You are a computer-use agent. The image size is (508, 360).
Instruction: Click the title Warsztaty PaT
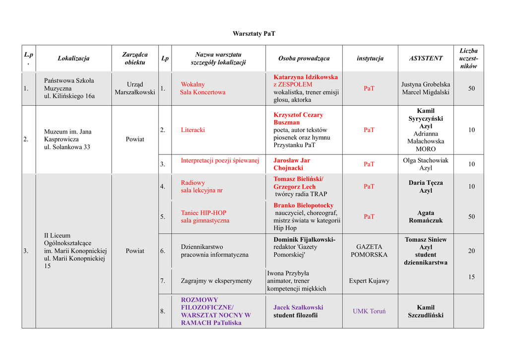click(x=254, y=34)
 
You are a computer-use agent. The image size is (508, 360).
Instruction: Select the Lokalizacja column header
click(x=73, y=59)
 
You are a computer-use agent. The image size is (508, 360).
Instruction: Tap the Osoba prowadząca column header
click(x=304, y=59)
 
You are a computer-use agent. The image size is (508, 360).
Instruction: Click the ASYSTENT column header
click(x=426, y=59)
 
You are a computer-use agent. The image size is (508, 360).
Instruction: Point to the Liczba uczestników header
click(x=468, y=59)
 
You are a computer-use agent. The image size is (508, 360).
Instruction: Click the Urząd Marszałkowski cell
click(x=135, y=88)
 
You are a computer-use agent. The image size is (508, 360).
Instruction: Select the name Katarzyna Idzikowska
click(x=306, y=77)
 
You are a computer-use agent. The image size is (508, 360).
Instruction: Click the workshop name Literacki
click(x=192, y=130)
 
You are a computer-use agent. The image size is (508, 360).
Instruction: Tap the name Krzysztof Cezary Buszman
click(x=298, y=119)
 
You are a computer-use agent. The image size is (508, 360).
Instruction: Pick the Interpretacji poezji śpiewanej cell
click(x=220, y=160)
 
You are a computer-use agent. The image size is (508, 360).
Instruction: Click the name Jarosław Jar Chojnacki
click(x=292, y=164)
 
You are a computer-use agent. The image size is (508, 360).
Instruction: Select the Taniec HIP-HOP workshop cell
click(x=205, y=217)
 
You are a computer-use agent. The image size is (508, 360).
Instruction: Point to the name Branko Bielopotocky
click(x=304, y=206)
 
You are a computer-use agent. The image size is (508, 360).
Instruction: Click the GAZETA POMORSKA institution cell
click(x=370, y=251)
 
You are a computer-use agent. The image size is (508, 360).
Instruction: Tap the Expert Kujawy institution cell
click(x=369, y=281)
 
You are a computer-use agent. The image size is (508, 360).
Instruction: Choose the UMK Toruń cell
click(x=369, y=311)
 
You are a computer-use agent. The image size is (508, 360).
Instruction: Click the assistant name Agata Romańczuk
click(x=426, y=216)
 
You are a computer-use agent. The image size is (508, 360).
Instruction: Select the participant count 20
click(x=471, y=251)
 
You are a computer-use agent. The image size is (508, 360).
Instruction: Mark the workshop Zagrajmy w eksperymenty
click(x=216, y=281)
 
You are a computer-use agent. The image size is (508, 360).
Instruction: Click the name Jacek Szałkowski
click(x=298, y=307)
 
